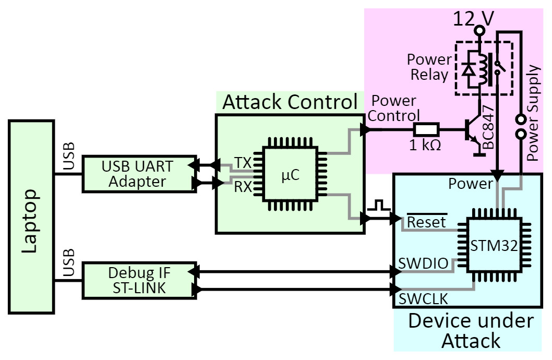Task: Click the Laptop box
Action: coord(31,217)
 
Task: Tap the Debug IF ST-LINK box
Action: coord(138,280)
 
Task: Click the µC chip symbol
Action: coord(290,176)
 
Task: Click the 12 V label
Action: coord(473,19)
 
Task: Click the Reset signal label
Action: coord(426,222)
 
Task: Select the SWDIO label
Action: coord(423,263)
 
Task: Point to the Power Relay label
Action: coord(429,66)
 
